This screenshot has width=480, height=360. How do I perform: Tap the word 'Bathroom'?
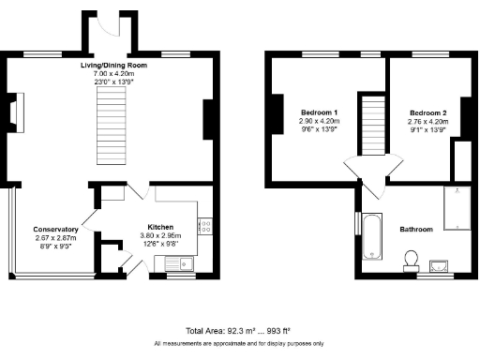(415, 229)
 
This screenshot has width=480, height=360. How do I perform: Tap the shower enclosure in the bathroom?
(457, 206)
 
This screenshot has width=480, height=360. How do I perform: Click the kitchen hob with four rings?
(203, 225)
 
